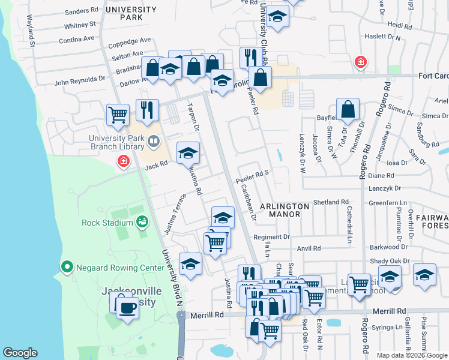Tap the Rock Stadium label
pos(108,223)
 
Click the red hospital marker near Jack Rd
pos(123,161)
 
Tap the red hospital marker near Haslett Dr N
pos(360,62)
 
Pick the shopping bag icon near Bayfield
pos(348,109)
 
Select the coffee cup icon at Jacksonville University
pos(127,308)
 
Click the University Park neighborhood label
pos(130,13)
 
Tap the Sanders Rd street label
pos(81,11)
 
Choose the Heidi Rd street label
pos(399,25)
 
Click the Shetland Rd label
pos(331,202)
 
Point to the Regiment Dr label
pos(271,237)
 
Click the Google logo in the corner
pos(20,352)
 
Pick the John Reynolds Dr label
pos(80,79)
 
